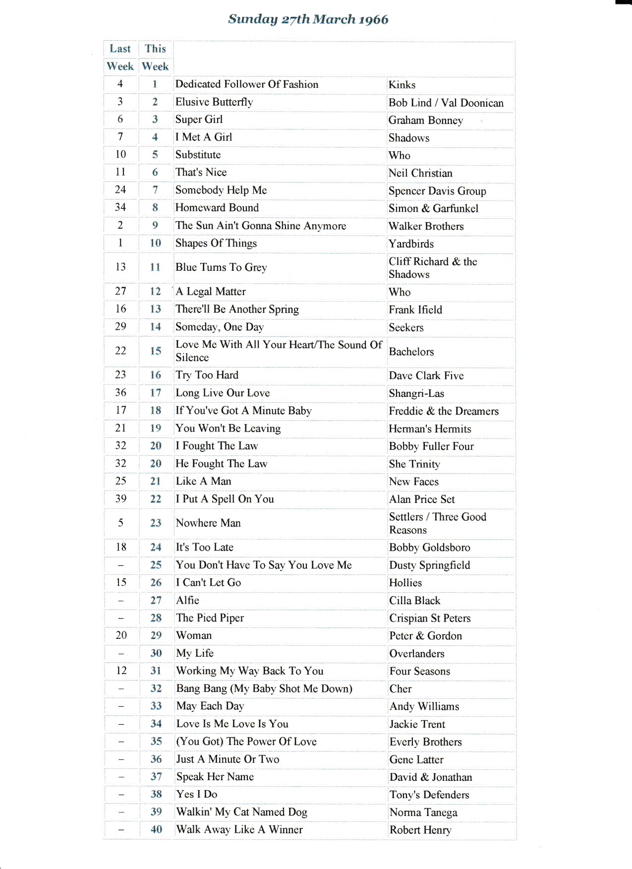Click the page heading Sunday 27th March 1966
point(308,19)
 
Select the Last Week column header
point(120,57)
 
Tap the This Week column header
point(155,57)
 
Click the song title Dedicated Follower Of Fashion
point(247,84)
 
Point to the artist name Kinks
point(402,85)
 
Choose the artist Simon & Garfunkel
point(433,208)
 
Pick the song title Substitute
point(198,155)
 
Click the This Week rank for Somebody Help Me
point(155,190)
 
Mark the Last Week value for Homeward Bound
point(120,207)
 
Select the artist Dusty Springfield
point(429,565)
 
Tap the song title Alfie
point(187,600)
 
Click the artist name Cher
point(401,689)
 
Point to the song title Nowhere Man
point(208,523)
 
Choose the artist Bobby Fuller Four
point(431,446)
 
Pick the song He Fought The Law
point(222,464)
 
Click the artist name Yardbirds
point(411,244)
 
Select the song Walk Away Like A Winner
point(239,830)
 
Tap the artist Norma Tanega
point(423,812)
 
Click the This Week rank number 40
point(156,829)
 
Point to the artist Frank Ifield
point(415,310)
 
